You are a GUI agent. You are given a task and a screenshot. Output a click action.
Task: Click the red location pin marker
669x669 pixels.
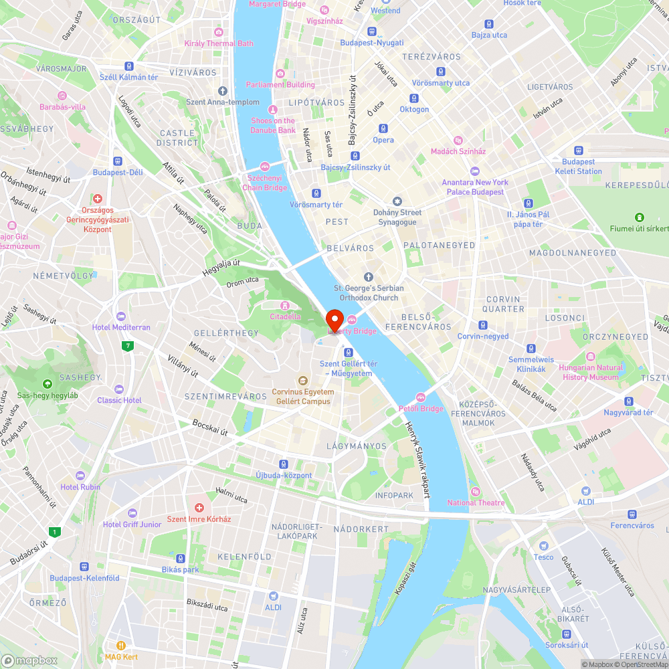(x=334, y=319)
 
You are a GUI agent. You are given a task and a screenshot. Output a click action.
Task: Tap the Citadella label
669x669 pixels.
(x=285, y=316)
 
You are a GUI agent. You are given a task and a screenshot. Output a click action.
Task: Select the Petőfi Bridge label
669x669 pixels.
(x=422, y=409)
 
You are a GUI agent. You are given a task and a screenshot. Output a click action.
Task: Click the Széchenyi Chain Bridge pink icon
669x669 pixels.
(x=265, y=167)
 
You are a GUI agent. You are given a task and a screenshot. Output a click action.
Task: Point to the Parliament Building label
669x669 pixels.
(x=280, y=85)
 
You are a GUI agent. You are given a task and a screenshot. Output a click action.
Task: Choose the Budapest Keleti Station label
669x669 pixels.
(x=578, y=167)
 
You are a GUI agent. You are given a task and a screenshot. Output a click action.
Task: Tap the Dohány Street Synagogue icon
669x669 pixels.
(x=397, y=201)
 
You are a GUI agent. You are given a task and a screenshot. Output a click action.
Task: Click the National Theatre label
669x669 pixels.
(x=476, y=502)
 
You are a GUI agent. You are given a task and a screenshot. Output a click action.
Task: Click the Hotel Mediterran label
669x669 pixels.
(x=121, y=327)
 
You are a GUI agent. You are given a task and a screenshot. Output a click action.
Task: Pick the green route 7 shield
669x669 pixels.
(x=127, y=346)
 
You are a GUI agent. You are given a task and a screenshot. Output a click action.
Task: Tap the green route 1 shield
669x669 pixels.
(x=54, y=533)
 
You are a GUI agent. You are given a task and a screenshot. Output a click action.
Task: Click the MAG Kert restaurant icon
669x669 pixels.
(x=121, y=646)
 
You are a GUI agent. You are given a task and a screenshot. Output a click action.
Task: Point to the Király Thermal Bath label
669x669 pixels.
(x=219, y=43)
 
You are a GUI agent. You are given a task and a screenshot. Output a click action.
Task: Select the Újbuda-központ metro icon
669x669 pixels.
(x=284, y=464)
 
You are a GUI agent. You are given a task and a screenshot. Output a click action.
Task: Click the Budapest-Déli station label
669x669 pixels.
(x=118, y=172)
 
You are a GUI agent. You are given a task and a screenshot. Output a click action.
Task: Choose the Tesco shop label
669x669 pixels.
(x=543, y=557)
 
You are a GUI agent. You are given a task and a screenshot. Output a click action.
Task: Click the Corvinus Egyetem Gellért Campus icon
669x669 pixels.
(x=303, y=380)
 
